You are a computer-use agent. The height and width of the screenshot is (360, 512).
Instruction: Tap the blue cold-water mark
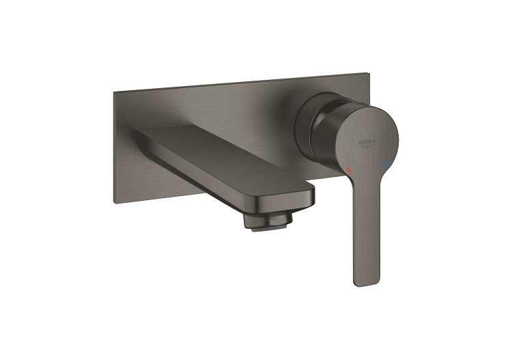(388, 164)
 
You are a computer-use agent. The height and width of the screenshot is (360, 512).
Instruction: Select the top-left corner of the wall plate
(107, 90)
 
